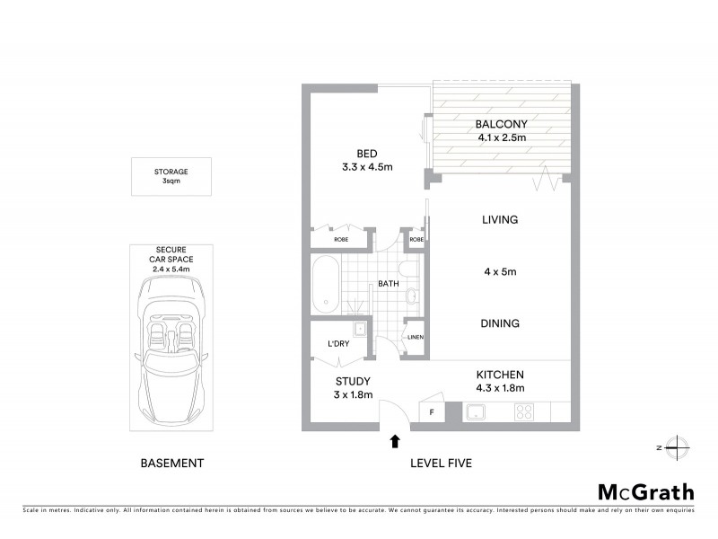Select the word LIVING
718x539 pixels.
coord(501,219)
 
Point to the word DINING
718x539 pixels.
coord(501,323)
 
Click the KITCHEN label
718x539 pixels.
coord(501,375)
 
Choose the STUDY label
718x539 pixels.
coord(352,381)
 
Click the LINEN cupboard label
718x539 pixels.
coord(415,338)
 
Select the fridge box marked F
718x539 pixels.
coord(433,412)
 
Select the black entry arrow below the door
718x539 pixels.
coord(395,440)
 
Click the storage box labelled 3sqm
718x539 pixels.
coord(171,176)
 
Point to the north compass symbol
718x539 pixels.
coord(679,446)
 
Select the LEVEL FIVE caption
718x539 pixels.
coord(441,464)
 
